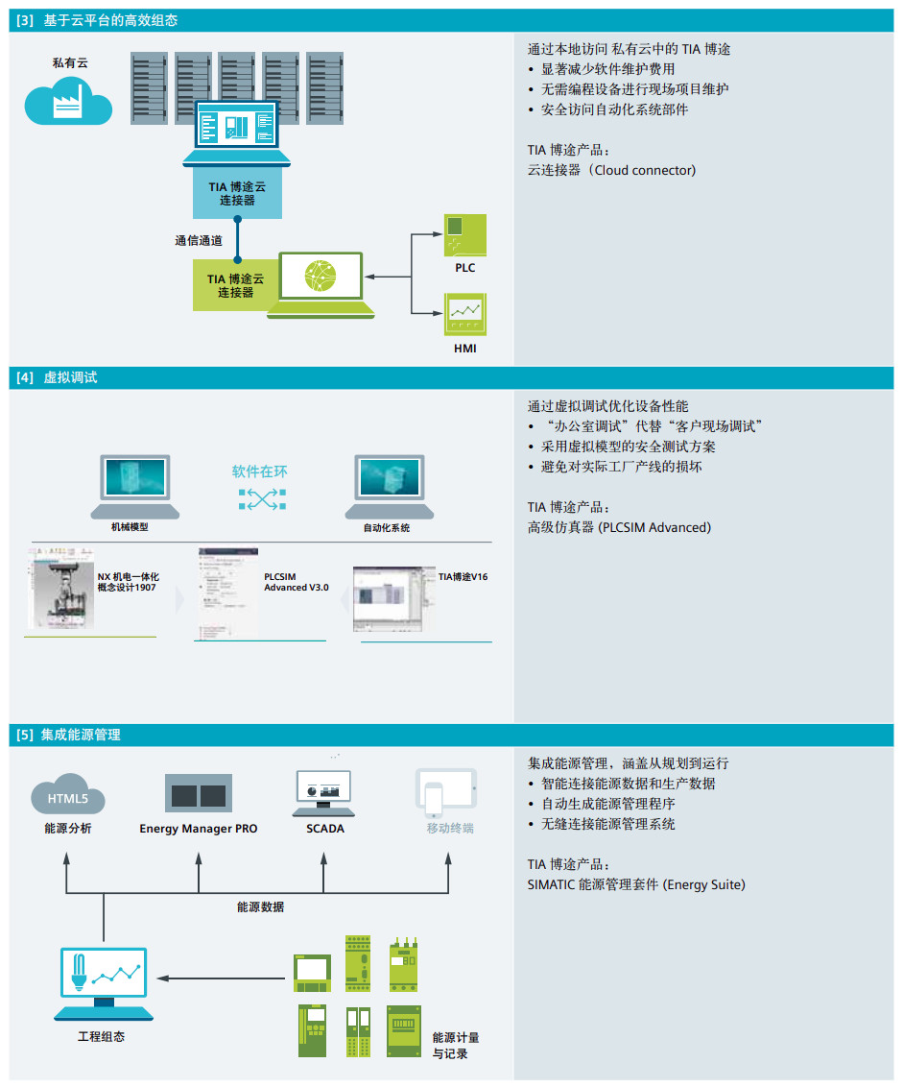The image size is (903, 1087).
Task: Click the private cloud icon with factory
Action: pos(68,101)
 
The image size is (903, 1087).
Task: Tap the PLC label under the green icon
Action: pos(464,268)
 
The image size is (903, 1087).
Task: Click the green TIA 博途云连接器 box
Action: pos(235,285)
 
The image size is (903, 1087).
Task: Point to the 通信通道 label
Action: pos(199,241)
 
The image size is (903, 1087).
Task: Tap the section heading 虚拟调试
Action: pos(70,377)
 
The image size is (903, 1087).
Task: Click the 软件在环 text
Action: pos(259,471)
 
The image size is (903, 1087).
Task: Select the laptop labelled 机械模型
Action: pos(135,486)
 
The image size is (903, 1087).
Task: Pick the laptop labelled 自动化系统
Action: pos(386,486)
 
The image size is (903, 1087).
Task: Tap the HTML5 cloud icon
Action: pos(68,795)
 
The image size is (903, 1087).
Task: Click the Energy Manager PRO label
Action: pos(199,828)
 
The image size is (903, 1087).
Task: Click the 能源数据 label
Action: pos(260,906)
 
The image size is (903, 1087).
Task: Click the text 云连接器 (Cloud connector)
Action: pos(611,170)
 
